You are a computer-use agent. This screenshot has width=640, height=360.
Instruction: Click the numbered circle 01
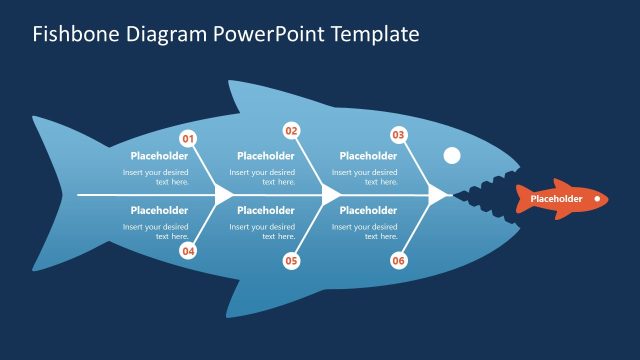(x=188, y=139)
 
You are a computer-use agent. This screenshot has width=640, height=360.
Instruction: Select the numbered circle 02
(x=292, y=131)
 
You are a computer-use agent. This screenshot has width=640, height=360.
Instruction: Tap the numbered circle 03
(x=398, y=135)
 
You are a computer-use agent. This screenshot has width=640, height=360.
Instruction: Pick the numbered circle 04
(x=188, y=251)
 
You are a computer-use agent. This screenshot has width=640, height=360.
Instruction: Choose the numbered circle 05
(x=292, y=261)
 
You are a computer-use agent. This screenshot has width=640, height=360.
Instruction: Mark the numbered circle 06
(x=398, y=261)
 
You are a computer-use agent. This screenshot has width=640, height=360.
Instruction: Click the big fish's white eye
(x=452, y=155)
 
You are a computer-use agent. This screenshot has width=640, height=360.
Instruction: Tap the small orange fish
(x=560, y=199)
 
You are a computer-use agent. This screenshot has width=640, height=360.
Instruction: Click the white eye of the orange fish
(x=597, y=199)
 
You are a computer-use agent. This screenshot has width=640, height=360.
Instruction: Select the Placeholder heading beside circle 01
(x=159, y=156)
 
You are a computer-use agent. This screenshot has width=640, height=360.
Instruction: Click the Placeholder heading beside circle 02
(x=265, y=156)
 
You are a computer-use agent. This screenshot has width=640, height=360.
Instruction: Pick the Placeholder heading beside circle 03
(x=368, y=156)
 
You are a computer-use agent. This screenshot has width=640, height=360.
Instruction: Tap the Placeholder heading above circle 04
(x=159, y=211)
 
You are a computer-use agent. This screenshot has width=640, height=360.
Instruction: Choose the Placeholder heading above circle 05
(x=265, y=211)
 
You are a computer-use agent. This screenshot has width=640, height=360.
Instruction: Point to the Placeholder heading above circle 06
(x=368, y=211)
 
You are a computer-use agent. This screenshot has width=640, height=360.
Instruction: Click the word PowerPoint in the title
(x=267, y=35)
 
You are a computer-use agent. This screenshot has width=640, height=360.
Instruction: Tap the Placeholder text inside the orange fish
(x=555, y=199)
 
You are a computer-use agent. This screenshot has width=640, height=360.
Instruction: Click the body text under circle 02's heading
(x=265, y=177)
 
